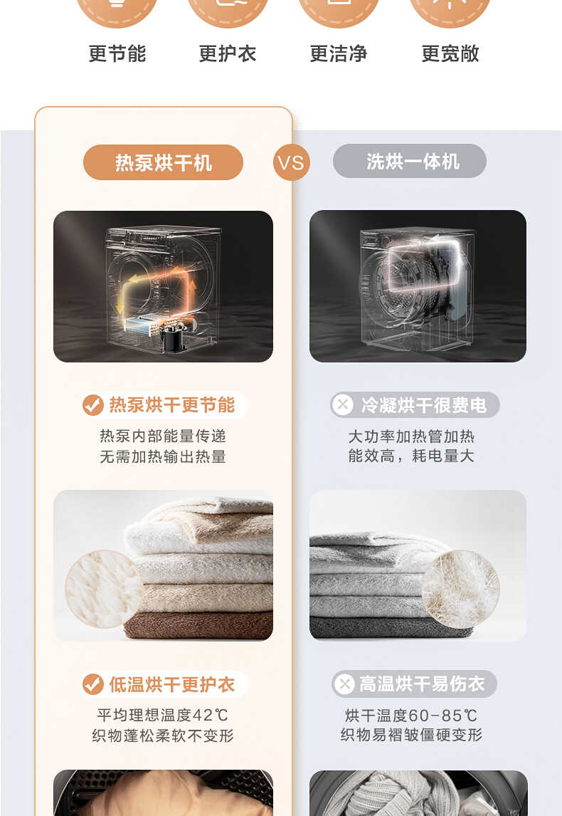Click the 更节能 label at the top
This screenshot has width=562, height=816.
click(117, 53)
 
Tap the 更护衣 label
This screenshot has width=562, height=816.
click(228, 53)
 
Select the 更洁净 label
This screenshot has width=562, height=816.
click(339, 53)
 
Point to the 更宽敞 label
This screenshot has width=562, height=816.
click(450, 53)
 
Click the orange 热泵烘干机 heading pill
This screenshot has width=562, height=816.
click(163, 163)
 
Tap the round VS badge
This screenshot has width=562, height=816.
click(291, 163)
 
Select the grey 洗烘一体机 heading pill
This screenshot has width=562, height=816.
click(410, 162)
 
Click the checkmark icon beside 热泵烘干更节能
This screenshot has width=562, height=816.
click(93, 406)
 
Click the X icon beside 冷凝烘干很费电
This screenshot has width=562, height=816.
click(344, 405)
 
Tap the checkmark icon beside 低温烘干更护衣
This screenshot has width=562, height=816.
click(93, 685)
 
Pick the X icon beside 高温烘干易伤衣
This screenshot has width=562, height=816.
click(344, 685)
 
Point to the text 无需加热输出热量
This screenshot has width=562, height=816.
click(163, 456)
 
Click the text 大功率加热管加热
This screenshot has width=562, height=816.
click(411, 436)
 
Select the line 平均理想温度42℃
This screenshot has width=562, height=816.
click(163, 715)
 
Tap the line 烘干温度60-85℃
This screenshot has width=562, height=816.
click(411, 715)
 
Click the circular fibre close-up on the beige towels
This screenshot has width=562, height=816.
click(104, 587)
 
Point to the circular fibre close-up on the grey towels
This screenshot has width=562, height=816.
click(460, 588)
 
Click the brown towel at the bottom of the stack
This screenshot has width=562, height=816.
click(199, 625)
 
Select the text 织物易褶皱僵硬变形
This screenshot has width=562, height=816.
click(411, 735)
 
